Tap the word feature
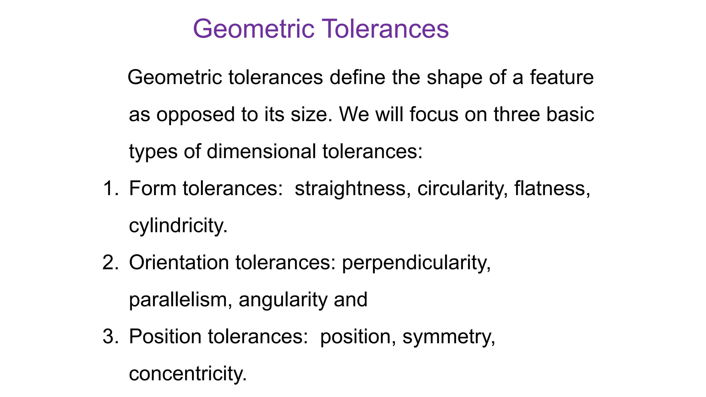point(562,78)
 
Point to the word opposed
point(195,115)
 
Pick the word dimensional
point(261,152)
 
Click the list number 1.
point(110,189)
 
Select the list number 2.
point(110,263)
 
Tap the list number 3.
point(110,337)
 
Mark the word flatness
point(552,189)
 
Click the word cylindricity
point(178,226)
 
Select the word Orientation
point(179,263)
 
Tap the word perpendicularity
point(416,263)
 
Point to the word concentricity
point(188,374)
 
